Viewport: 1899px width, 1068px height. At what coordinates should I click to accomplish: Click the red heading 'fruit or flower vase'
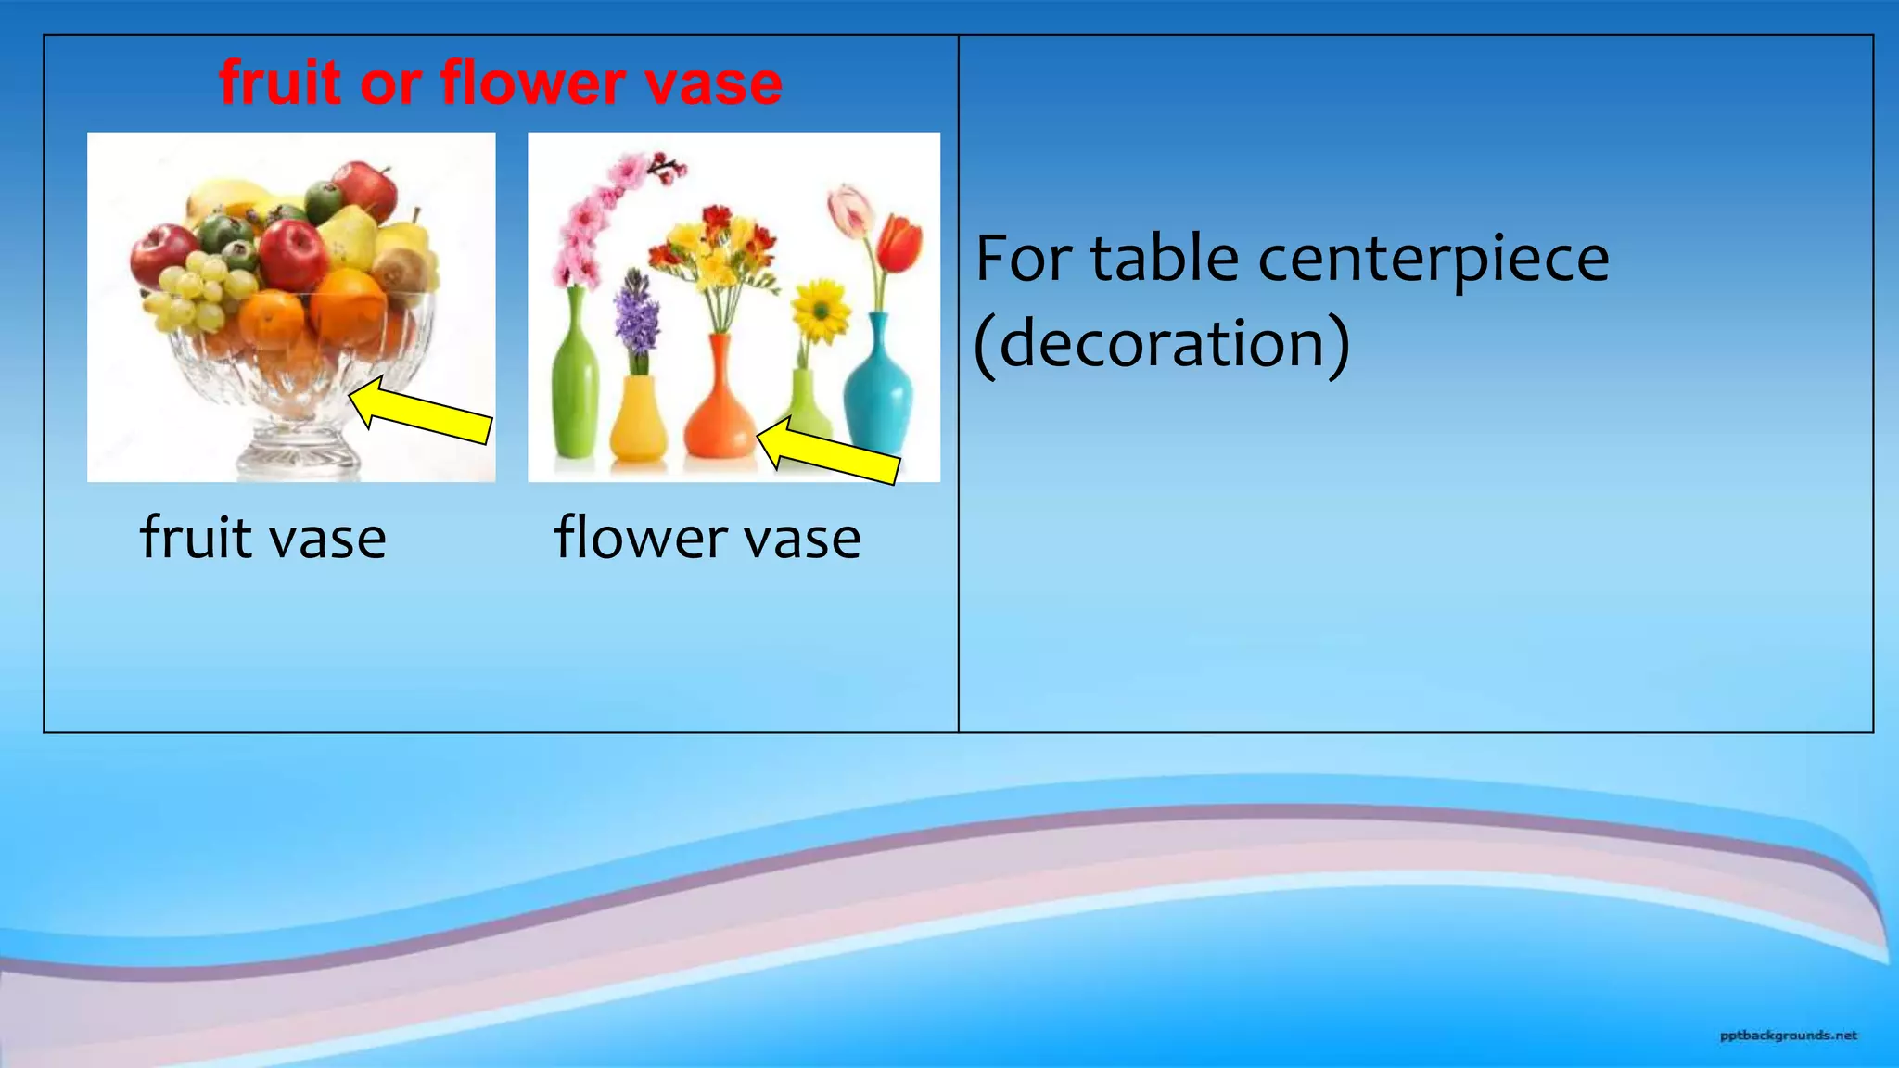[x=501, y=83]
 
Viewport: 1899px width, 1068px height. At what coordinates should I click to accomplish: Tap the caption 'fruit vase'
[x=263, y=538]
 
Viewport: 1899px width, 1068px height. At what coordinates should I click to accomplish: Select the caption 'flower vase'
[x=707, y=538]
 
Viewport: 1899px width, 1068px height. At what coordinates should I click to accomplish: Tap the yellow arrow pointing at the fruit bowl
[x=422, y=412]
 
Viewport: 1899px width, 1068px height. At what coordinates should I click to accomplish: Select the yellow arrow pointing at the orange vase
[x=828, y=451]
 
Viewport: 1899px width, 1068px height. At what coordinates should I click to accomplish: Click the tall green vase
[x=574, y=380]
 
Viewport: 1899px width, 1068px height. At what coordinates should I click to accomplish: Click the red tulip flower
[x=899, y=243]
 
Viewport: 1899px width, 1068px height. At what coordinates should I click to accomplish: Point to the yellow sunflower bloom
[x=821, y=311]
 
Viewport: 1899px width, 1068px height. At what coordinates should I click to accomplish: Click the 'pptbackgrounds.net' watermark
[x=1788, y=1036]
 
